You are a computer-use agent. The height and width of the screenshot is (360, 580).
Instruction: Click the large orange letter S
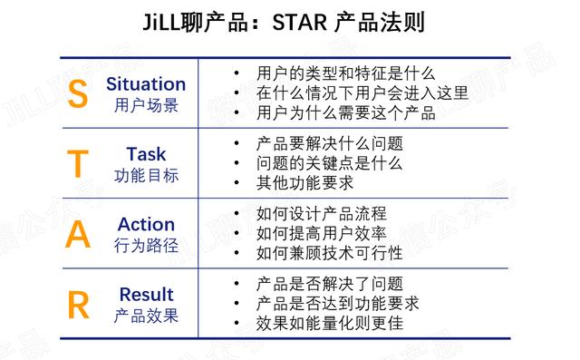[x=79, y=94]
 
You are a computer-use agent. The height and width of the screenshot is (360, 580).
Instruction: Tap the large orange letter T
[x=79, y=164]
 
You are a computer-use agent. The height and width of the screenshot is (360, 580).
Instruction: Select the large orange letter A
[x=79, y=234]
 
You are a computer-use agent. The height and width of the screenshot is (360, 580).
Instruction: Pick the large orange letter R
[x=79, y=305]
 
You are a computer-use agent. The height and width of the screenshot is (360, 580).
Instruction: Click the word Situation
[x=146, y=84]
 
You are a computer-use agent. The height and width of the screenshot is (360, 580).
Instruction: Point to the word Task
[x=146, y=154]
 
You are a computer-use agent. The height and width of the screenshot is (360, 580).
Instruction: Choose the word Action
[x=146, y=224]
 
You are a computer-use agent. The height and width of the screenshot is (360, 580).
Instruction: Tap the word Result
[x=146, y=295]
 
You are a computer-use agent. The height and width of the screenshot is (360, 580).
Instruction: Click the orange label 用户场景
[x=146, y=105]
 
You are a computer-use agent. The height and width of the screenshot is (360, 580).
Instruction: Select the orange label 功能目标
[x=146, y=175]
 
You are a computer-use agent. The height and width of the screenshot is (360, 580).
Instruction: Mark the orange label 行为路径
[x=146, y=245]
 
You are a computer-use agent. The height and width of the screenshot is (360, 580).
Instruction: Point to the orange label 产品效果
[x=146, y=316]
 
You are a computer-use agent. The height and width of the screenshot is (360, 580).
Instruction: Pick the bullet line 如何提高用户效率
[x=322, y=233]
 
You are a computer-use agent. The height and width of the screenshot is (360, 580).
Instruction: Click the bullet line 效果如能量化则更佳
[x=330, y=323]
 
